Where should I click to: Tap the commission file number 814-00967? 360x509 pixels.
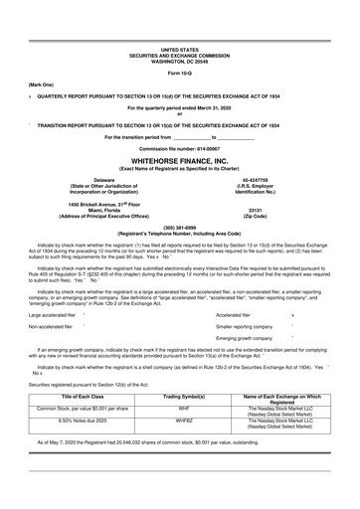[179, 148]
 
